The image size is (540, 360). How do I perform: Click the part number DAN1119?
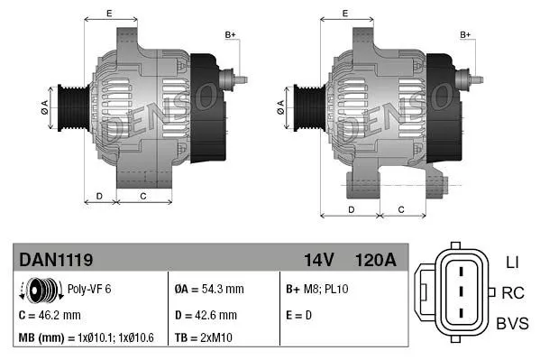click(x=56, y=260)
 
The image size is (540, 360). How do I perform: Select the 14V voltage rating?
click(x=318, y=260)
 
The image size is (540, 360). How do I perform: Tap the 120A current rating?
click(x=376, y=260)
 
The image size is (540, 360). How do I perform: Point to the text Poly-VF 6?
click(x=91, y=291)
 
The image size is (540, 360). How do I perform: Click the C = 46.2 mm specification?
click(x=50, y=316)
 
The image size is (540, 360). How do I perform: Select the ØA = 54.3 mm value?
click(x=209, y=291)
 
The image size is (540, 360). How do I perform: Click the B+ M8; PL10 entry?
click(x=317, y=291)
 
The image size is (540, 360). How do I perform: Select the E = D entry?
click(x=298, y=316)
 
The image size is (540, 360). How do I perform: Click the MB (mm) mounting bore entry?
click(x=85, y=338)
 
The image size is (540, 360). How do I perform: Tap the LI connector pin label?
click(x=512, y=262)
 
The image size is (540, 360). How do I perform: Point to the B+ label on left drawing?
click(x=230, y=34)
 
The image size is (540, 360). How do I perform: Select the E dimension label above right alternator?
click(x=346, y=14)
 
